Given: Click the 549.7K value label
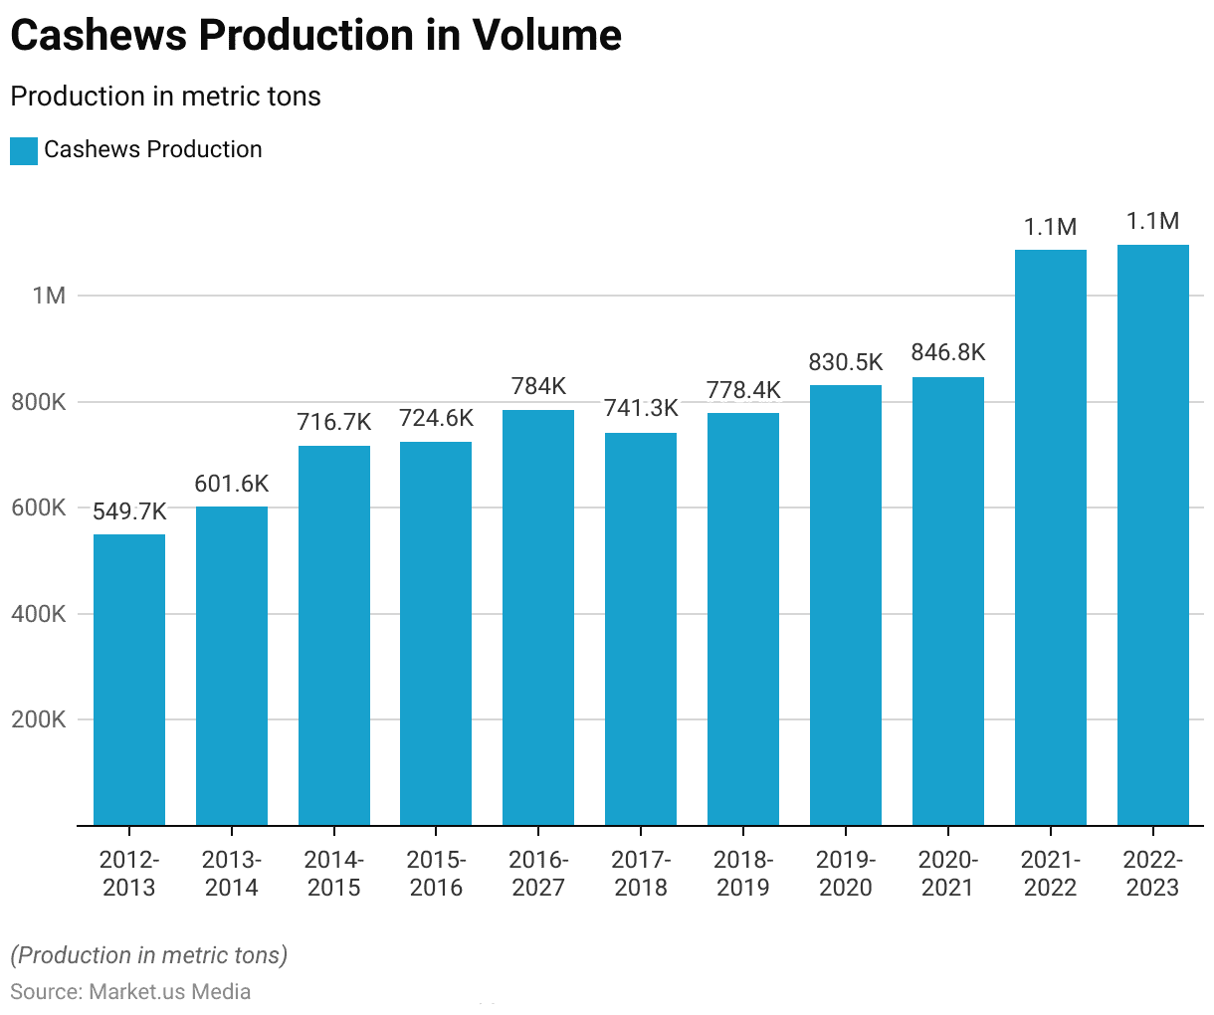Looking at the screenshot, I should pos(129,511).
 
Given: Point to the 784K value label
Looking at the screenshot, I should pos(538,386).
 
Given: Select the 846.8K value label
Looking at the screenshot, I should pos(948,352).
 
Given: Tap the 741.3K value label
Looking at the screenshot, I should pos(641,408).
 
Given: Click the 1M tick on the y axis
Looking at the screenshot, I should pos(49,296).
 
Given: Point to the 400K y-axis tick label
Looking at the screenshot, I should pos(39,614).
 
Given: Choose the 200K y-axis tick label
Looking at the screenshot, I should pos(39,719).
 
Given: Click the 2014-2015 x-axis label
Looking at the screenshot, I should pos(334,874).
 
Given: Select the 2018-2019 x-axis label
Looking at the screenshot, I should pos(743,874).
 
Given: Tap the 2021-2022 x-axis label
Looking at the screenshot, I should pos(1051,874).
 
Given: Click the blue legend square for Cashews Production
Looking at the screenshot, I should pos(24,151).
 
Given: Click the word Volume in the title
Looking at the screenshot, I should pos(546,36).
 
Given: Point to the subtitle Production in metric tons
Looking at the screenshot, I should pos(165,97).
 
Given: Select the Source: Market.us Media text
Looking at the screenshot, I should pos(130,992).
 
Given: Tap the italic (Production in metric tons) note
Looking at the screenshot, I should pos(148,955).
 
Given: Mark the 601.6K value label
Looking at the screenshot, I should pos(232,484).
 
